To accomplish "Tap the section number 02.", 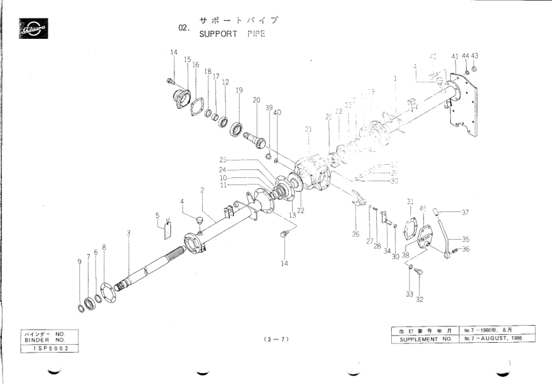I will [184, 29].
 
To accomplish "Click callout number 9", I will [79, 262].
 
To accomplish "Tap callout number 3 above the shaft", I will [129, 232].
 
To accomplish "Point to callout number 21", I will [308, 129].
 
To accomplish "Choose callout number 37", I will [465, 212].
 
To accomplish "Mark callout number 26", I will [355, 234].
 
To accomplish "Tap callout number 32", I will [419, 300].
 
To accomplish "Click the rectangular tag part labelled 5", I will [167, 228].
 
